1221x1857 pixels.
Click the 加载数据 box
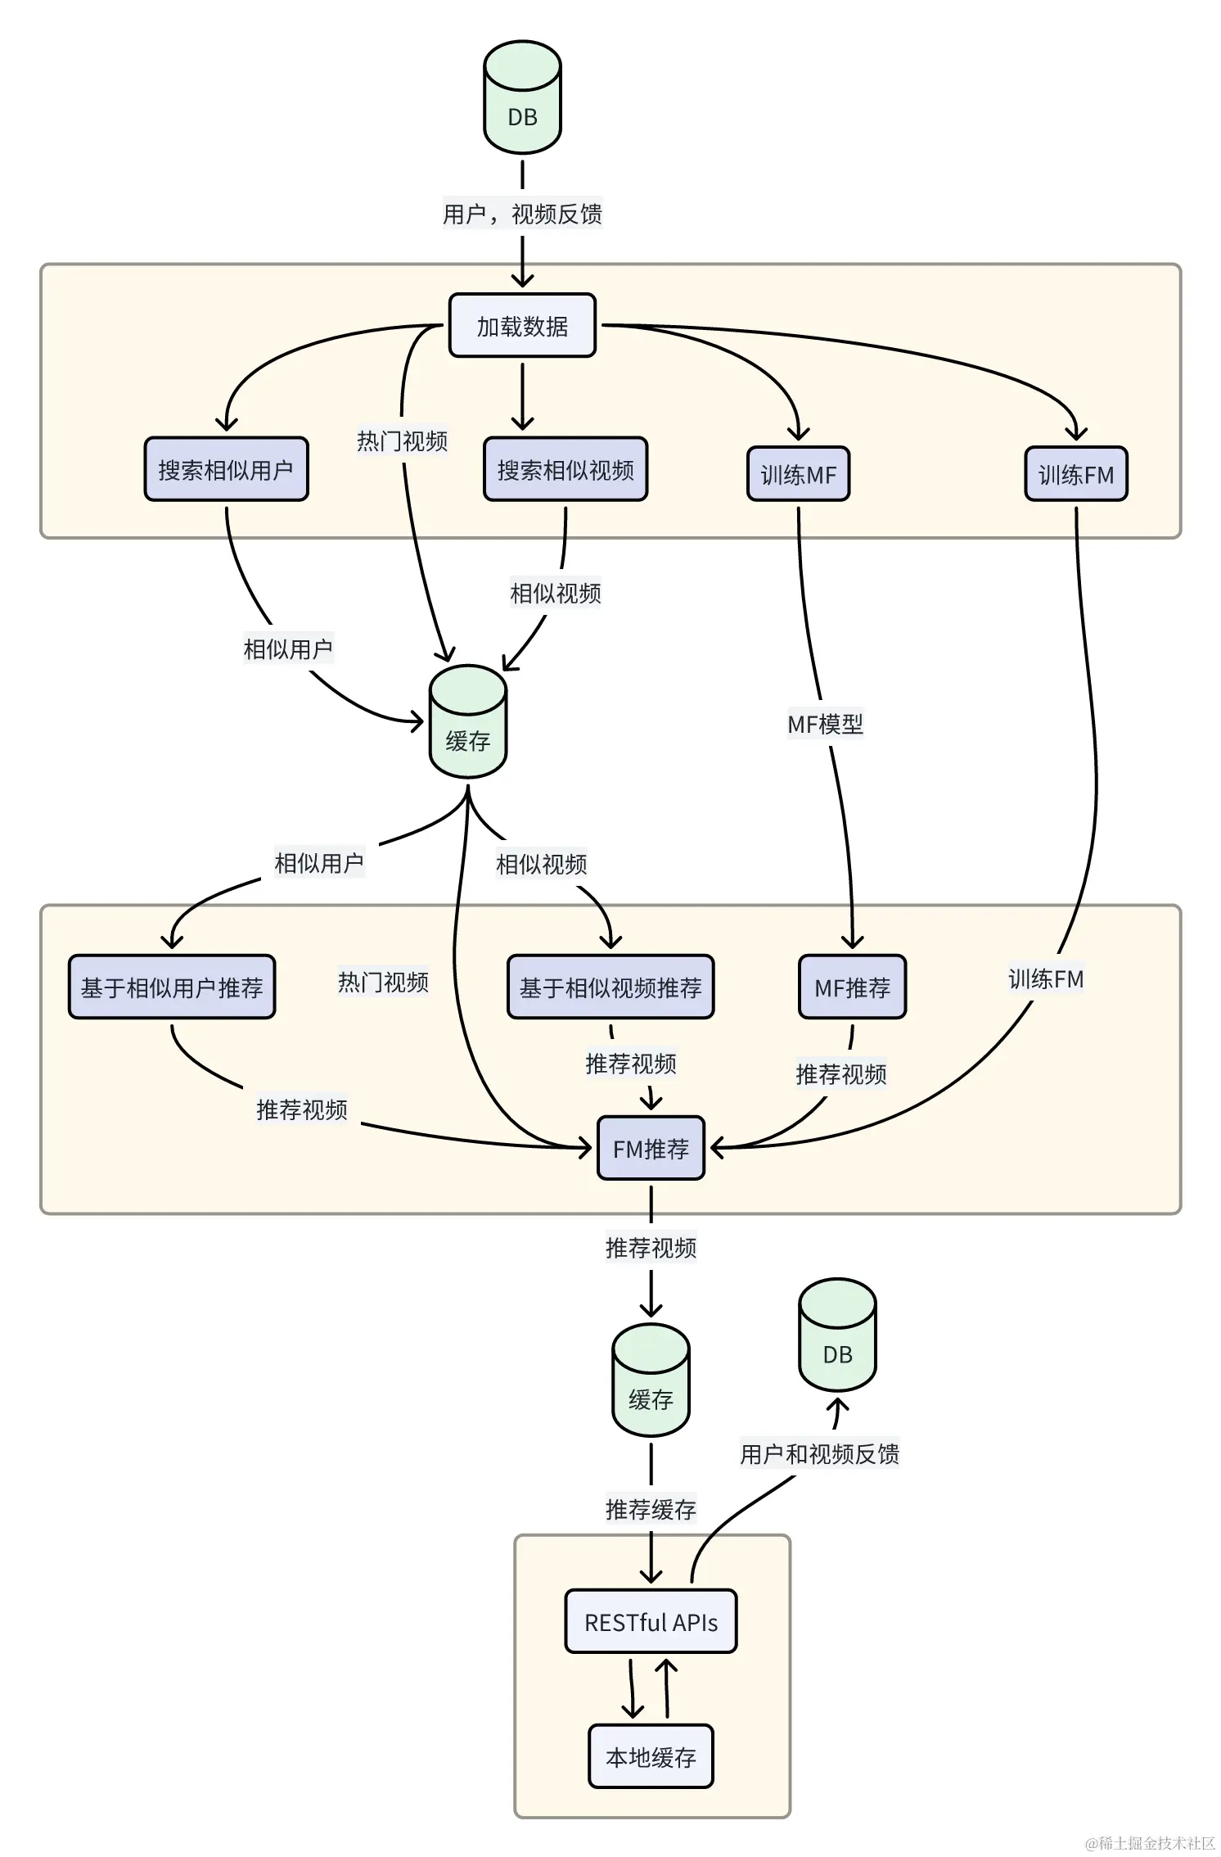point(522,326)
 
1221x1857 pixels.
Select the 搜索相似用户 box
point(226,469)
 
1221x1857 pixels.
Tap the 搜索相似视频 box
point(565,469)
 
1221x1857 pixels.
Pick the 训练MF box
point(798,474)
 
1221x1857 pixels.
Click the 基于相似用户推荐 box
point(172,987)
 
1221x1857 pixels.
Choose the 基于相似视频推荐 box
point(610,987)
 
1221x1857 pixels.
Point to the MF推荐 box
point(852,987)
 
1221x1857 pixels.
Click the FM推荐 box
point(651,1148)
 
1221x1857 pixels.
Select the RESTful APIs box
point(651,1622)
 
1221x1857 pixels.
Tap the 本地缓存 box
point(651,1756)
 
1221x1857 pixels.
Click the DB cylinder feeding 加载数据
point(522,98)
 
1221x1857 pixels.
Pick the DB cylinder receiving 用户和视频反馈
point(837,1335)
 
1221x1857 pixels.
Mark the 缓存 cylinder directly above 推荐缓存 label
point(651,1381)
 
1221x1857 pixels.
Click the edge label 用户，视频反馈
point(522,214)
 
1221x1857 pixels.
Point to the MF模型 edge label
point(825,724)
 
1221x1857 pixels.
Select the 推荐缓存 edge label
point(651,1508)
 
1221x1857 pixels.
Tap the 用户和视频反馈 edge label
point(819,1453)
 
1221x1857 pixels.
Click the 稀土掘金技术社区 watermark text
point(1151,1842)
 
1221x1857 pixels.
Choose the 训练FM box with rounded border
point(1075,474)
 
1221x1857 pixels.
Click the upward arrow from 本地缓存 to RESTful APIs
point(667,1688)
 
